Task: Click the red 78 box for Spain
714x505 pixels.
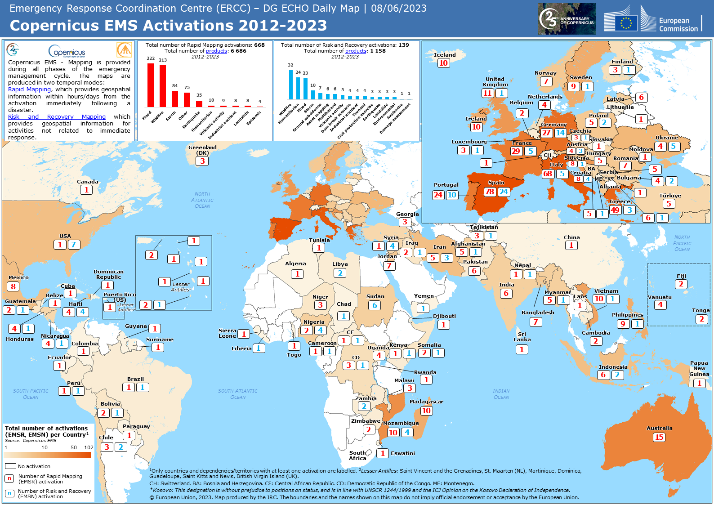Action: point(490,192)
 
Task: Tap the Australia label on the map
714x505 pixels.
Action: point(659,428)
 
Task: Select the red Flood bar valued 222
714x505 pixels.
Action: point(151,85)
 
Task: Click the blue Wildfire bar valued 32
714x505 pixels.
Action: point(291,85)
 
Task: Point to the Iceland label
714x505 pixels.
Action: point(444,55)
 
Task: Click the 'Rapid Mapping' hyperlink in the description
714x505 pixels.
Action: point(29,89)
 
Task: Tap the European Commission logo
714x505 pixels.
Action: point(652,20)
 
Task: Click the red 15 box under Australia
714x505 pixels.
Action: point(659,437)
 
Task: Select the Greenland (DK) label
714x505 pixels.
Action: point(202,150)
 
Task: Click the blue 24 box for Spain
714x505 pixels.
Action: point(504,192)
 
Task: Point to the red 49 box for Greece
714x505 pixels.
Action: point(615,210)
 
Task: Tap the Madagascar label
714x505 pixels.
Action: point(426,402)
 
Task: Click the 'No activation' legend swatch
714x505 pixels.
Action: point(10,466)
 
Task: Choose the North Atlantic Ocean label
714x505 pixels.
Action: point(202,200)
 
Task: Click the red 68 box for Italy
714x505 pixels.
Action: point(548,174)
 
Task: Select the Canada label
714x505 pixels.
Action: point(87,182)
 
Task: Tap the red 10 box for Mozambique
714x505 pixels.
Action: point(393,433)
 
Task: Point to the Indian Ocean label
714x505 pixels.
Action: point(501,394)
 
